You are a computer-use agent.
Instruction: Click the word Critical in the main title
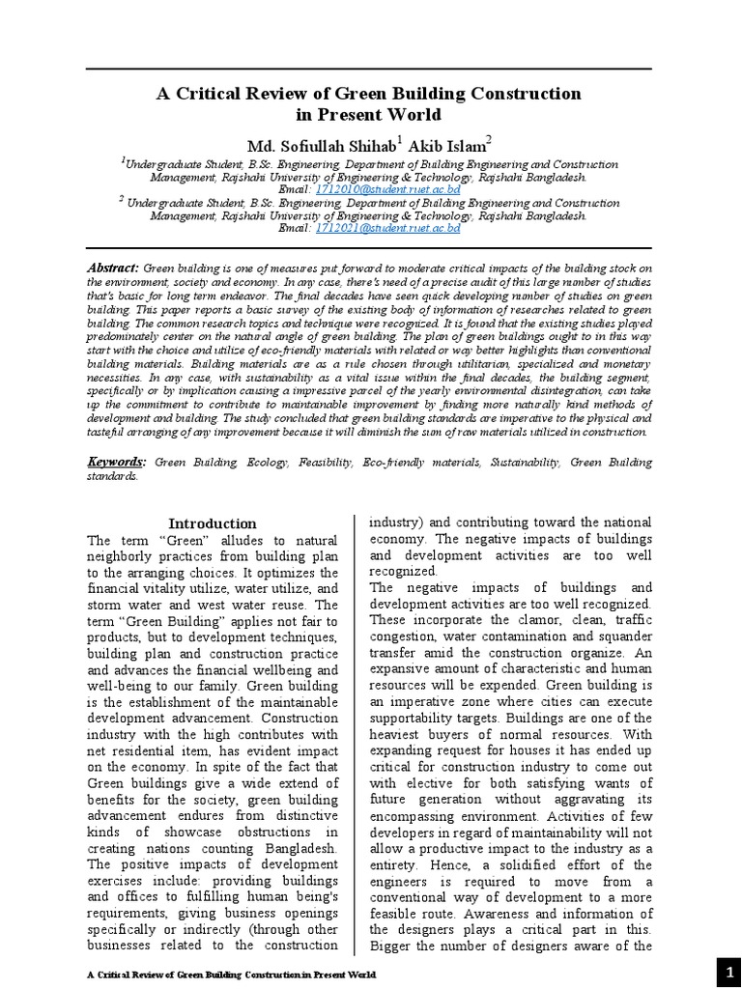(205, 94)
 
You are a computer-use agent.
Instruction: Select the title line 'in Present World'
(370, 115)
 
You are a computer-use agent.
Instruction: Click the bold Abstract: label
(114, 268)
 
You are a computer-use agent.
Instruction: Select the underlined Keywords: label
(117, 463)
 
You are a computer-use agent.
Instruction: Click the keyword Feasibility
(326, 464)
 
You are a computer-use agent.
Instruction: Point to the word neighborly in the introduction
(130, 558)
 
